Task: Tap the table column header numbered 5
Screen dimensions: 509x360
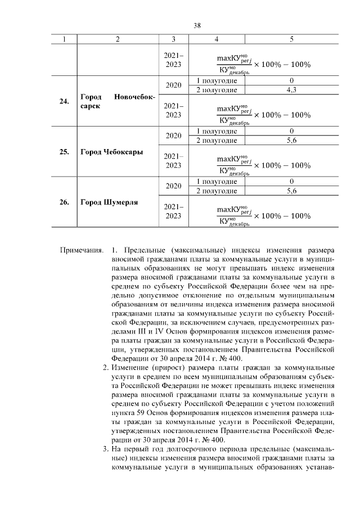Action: coord(291,39)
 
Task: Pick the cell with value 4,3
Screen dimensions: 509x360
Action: coord(291,90)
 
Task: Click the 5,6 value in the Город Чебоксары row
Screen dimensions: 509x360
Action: coord(291,141)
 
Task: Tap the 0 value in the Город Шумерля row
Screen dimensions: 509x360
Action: coord(291,182)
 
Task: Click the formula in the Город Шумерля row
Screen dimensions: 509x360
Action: coord(263,215)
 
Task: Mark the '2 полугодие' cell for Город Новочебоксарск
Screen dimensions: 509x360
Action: coord(217,90)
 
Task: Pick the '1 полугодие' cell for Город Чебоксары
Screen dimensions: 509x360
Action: coord(217,132)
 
